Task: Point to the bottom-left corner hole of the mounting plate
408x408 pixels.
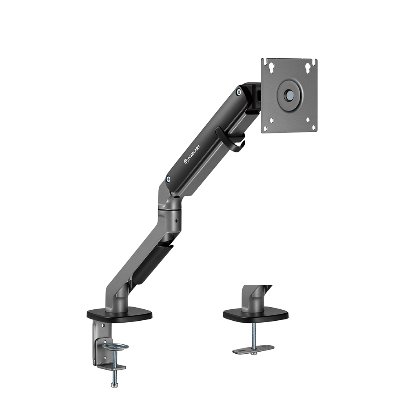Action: [265, 129]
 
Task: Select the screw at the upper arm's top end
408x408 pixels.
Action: [239, 92]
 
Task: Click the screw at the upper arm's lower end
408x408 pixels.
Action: [168, 179]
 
